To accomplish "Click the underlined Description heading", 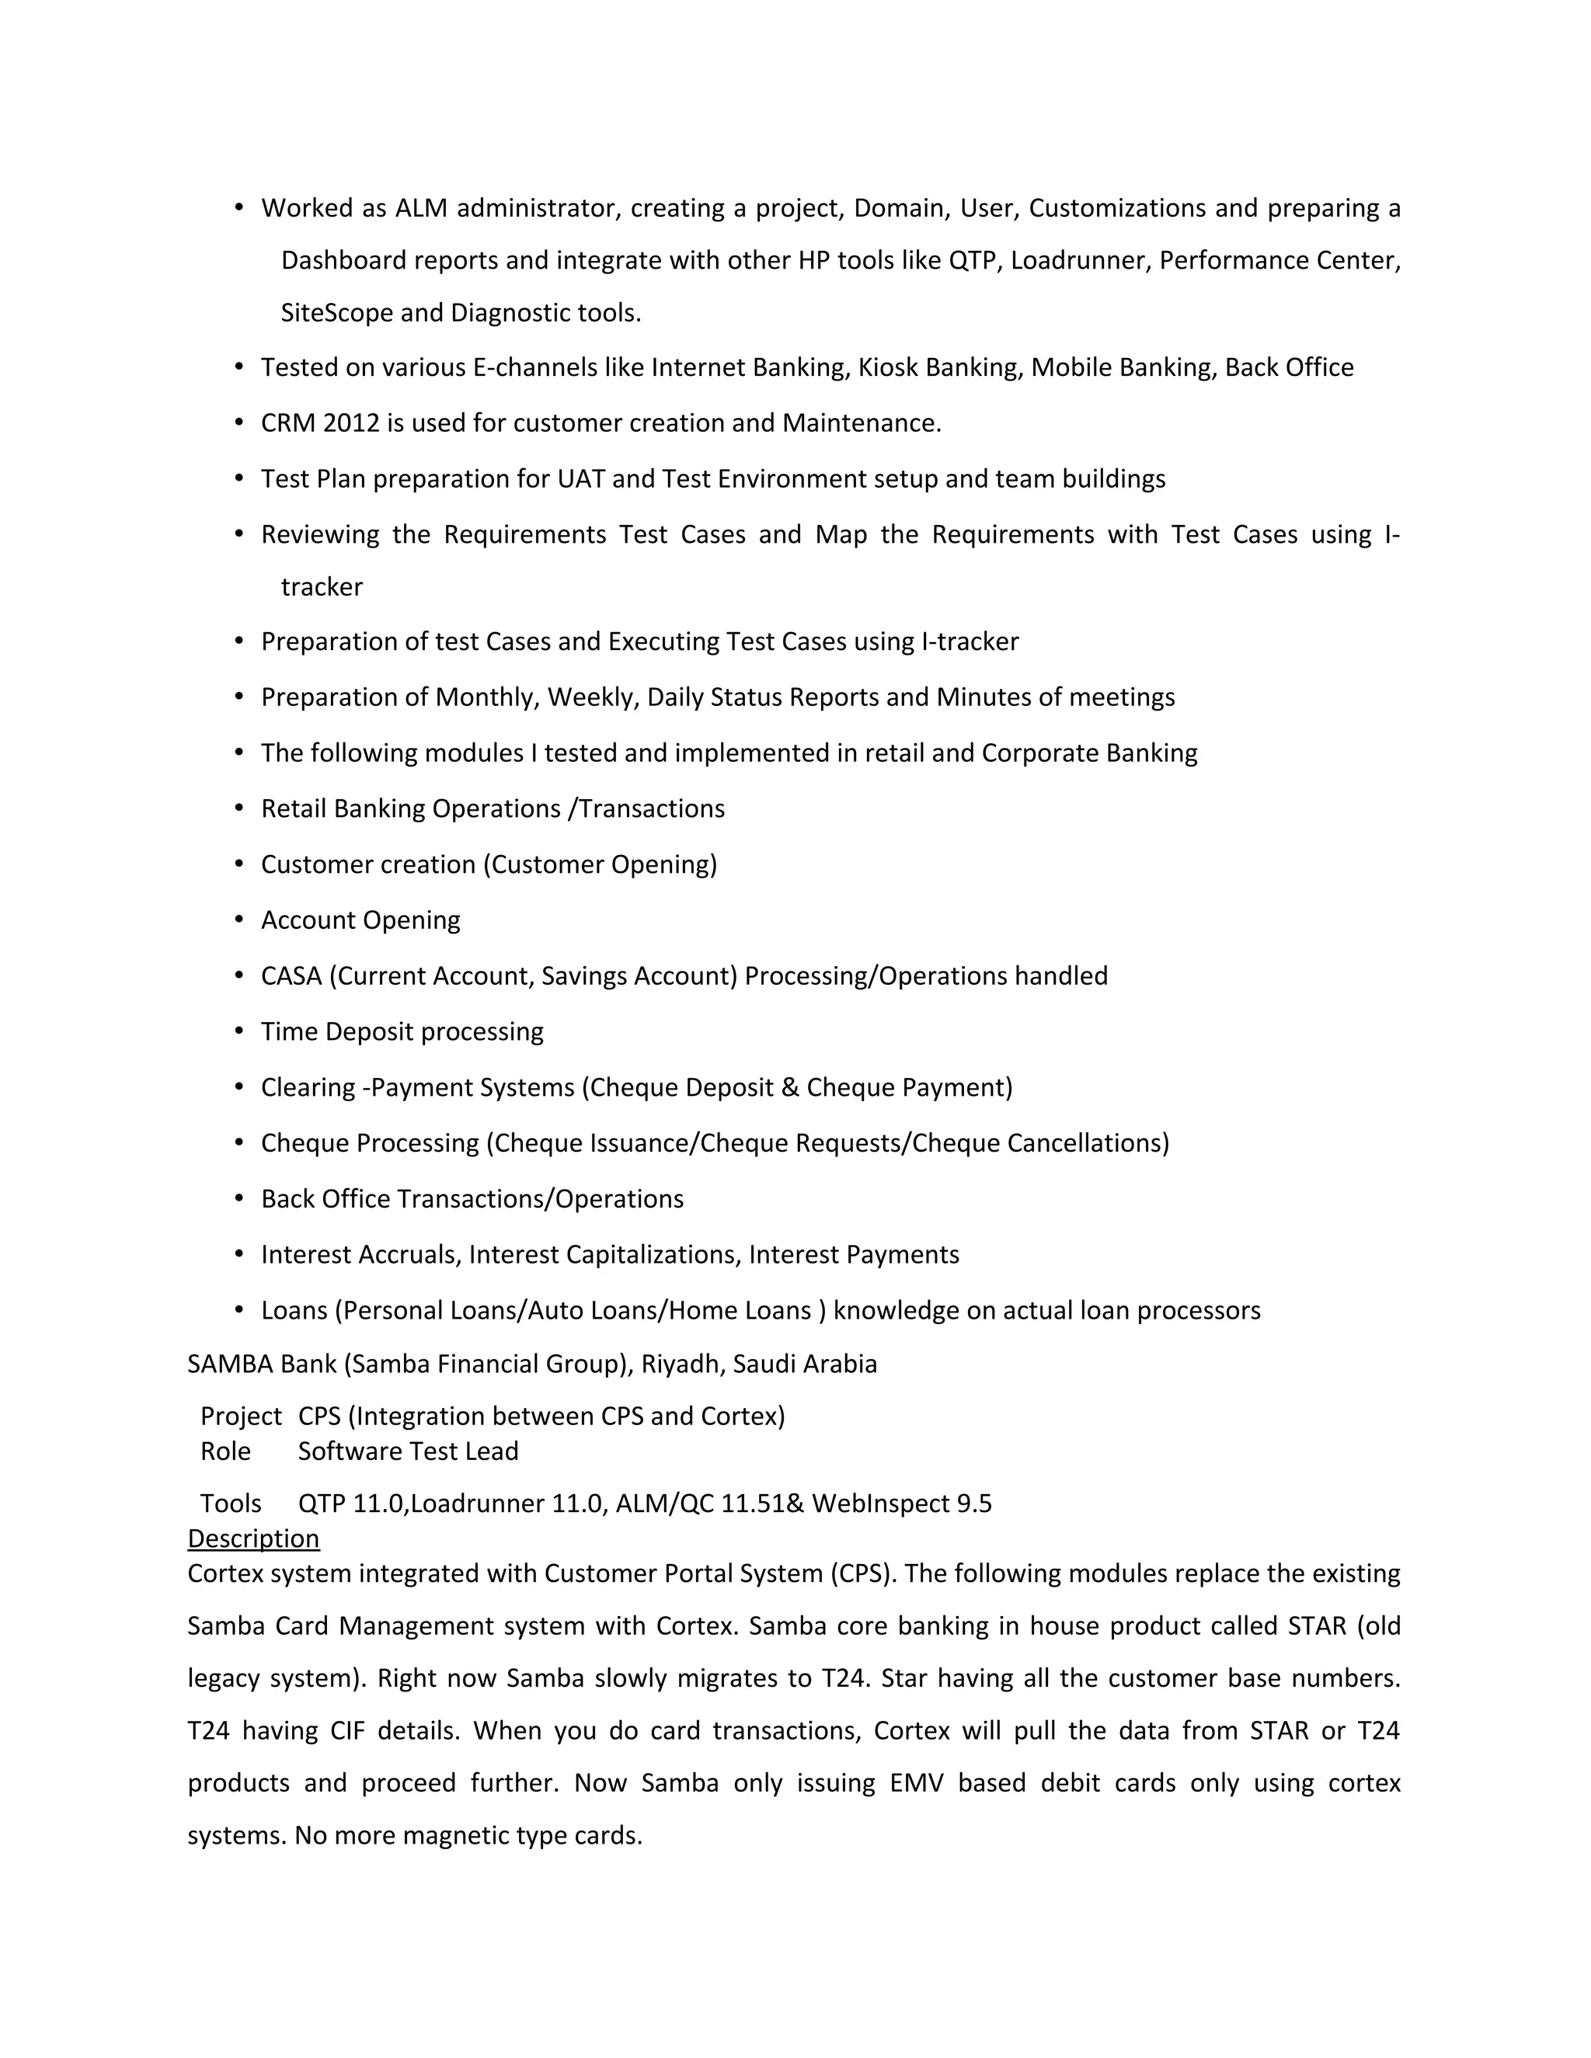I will [252, 1538].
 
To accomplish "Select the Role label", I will [225, 1451].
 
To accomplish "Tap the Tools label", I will [230, 1503].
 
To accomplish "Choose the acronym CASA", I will [291, 976].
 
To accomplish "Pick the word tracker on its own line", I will [322, 587].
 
